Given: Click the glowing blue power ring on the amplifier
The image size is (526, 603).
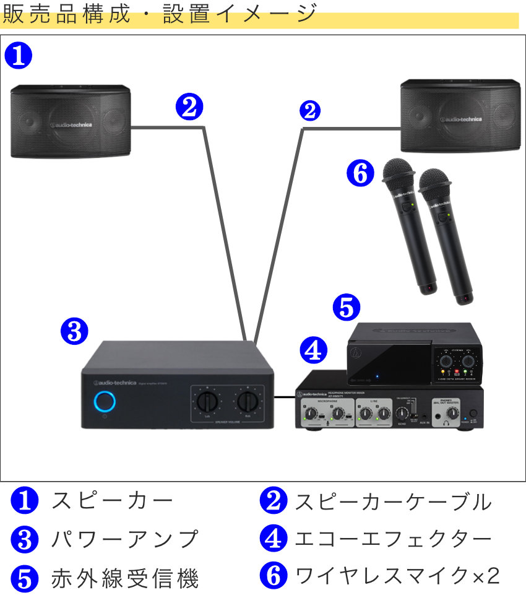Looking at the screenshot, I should (x=105, y=402).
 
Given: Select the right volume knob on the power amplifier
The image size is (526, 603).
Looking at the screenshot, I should (x=248, y=402).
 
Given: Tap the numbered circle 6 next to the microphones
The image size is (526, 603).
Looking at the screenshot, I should (x=361, y=174).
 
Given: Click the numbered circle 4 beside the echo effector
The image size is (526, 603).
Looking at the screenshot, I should (x=313, y=351).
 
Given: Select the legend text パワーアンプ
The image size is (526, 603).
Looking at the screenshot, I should (x=124, y=539).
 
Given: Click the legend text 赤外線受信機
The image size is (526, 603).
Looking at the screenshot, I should (x=124, y=579).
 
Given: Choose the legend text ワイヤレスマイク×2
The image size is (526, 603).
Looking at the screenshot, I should (x=397, y=576).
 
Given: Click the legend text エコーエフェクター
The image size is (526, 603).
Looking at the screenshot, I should (x=392, y=539).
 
